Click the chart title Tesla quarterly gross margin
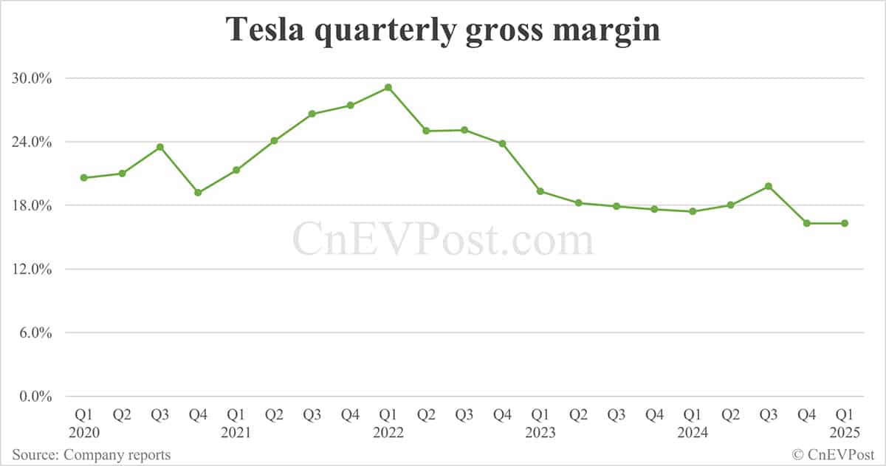pyautogui.click(x=442, y=30)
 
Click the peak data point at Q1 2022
pyautogui.click(x=388, y=88)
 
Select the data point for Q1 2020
pyautogui.click(x=84, y=178)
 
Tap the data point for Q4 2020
pyautogui.click(x=198, y=193)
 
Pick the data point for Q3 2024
pyautogui.click(x=769, y=186)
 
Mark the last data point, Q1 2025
pyautogui.click(x=845, y=223)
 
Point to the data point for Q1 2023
pyautogui.click(x=540, y=191)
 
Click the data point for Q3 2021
pyautogui.click(x=312, y=114)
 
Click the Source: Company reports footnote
pyautogui.click(x=92, y=455)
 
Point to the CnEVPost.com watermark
pyautogui.click(x=443, y=240)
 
